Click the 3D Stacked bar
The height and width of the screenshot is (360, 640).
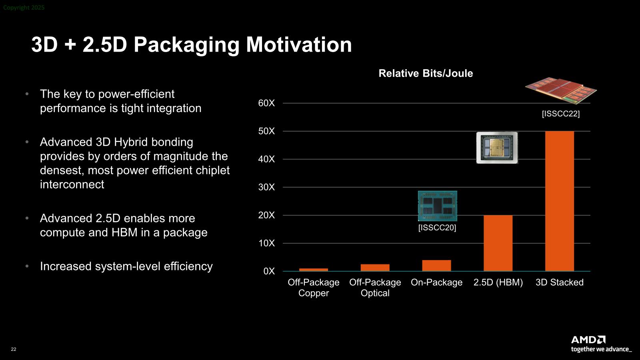559,201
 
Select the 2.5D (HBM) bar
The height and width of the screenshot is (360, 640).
498,243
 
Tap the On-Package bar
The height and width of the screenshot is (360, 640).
436,265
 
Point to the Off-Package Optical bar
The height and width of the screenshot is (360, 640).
375,268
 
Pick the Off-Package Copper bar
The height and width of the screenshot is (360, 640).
313,270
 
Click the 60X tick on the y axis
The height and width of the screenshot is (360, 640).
266,103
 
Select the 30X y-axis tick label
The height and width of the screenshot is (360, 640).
266,187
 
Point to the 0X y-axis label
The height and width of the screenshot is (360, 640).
269,271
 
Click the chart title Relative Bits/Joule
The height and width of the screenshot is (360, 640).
426,73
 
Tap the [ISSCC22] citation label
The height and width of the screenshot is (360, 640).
560,114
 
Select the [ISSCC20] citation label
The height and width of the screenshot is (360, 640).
437,228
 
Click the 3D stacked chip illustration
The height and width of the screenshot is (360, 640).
560,90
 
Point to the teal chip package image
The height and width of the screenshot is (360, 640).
437,206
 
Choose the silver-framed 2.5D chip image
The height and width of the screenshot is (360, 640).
497,148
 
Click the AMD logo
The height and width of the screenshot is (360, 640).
588,340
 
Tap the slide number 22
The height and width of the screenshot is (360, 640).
14,349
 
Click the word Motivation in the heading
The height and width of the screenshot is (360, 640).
299,44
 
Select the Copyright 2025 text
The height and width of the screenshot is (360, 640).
24,8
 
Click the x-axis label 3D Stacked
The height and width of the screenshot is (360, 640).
559,282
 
